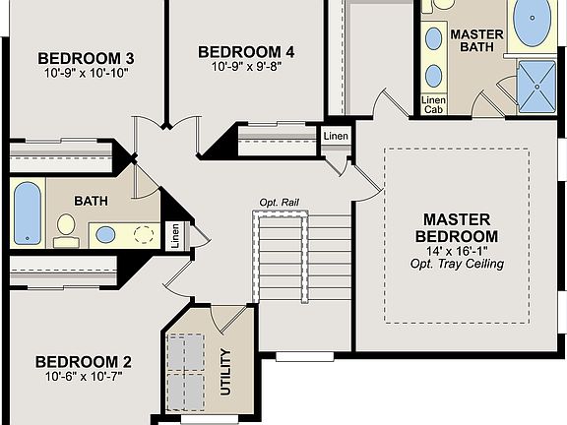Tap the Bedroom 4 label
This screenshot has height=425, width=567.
click(x=246, y=52)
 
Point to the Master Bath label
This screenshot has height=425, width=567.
click(x=476, y=40)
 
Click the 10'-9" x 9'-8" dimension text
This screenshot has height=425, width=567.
click(x=246, y=67)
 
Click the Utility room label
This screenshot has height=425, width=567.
click(x=225, y=371)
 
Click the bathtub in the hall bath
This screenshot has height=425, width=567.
click(x=27, y=213)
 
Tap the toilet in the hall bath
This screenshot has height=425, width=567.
click(x=66, y=227)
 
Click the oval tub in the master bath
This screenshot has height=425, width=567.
click(x=533, y=24)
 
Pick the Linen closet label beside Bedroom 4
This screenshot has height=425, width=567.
click(x=336, y=136)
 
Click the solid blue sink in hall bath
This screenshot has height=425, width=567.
click(x=105, y=234)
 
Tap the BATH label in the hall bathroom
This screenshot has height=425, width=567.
click(x=91, y=202)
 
